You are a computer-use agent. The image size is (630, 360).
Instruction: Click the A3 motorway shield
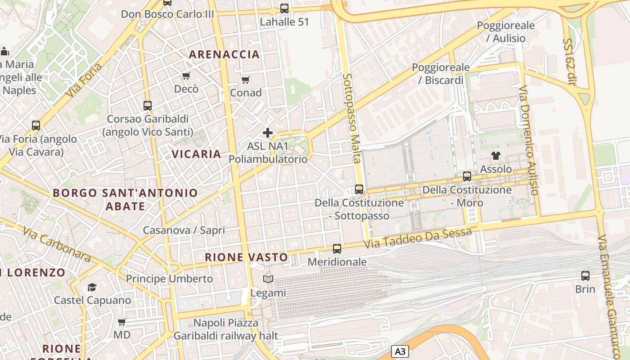[400, 351]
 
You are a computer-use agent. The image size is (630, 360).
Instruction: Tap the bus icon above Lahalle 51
[284, 8]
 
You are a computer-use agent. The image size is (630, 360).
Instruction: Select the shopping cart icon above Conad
[245, 80]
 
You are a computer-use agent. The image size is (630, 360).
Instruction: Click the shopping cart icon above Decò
[186, 76]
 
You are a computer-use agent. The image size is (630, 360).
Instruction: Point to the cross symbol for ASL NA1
[268, 133]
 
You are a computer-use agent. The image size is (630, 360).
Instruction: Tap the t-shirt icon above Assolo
[495, 156]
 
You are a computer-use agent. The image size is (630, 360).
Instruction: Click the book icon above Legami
[268, 279]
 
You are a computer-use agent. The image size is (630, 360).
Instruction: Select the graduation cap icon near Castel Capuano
[92, 287]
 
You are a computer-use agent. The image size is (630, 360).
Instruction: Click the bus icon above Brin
[585, 276]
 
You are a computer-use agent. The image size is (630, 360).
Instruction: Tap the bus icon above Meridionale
[337, 248]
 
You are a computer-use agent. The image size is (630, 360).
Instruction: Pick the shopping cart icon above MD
[121, 322]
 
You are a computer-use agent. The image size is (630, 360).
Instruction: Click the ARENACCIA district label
[224, 54]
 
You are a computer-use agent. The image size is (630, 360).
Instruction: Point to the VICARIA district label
[196, 154]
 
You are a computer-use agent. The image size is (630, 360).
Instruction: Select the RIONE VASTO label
[246, 257]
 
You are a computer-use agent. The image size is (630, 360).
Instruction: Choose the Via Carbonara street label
[57, 245]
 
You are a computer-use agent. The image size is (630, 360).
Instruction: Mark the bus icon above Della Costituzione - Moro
[467, 176]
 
